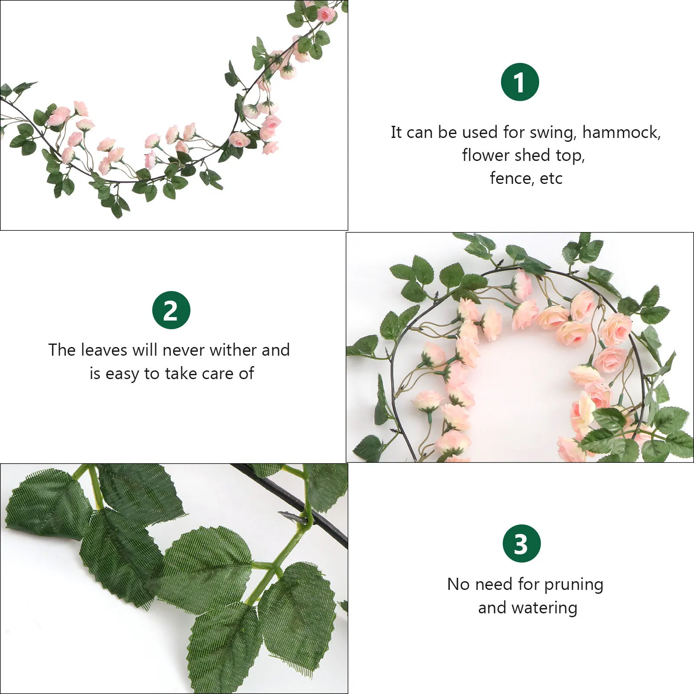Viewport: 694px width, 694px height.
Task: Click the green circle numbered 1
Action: (x=520, y=82)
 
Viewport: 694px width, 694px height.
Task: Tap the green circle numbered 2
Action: (x=171, y=310)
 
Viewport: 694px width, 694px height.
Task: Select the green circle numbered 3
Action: (x=521, y=543)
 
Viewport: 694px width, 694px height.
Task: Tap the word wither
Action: (x=234, y=350)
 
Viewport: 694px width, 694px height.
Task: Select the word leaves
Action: (x=104, y=350)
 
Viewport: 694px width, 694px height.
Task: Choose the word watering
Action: (x=544, y=608)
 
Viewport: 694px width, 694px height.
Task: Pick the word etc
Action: (x=551, y=178)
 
